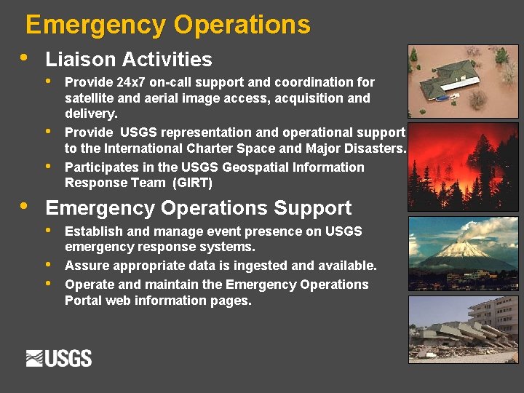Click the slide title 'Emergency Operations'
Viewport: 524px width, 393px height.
click(x=167, y=25)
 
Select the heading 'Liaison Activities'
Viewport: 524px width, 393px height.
click(x=128, y=59)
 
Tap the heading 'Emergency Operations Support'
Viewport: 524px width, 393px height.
click(x=198, y=207)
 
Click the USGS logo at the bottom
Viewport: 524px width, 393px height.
click(x=59, y=358)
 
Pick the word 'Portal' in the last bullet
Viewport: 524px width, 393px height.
click(x=84, y=301)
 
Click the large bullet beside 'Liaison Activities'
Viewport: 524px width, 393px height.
click(x=25, y=57)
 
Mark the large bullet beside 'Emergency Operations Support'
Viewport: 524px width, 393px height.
click(x=25, y=206)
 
